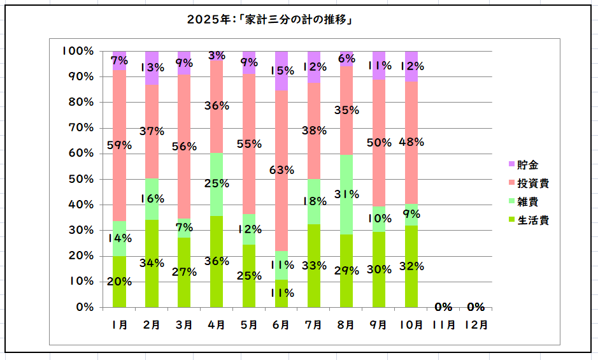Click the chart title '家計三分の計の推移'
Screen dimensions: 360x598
click(270, 19)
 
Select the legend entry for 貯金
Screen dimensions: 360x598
click(530, 164)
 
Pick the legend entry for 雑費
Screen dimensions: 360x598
click(530, 201)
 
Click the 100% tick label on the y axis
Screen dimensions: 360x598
click(78, 51)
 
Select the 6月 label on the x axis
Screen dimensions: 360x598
click(281, 324)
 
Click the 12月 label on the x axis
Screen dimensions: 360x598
click(476, 324)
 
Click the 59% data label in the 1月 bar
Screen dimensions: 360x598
click(119, 145)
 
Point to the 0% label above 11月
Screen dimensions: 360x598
click(443, 306)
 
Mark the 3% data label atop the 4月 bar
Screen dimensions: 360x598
click(217, 55)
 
